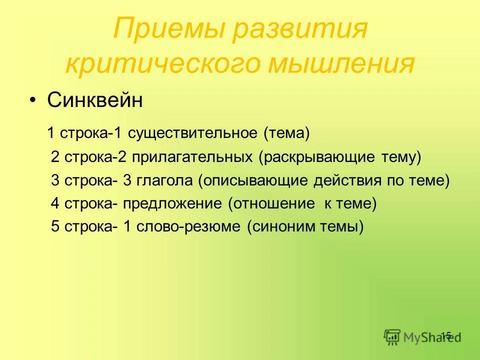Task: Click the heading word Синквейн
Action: click(x=95, y=100)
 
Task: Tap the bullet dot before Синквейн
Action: click(x=32, y=101)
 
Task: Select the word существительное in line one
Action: click(x=192, y=133)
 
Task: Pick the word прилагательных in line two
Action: click(x=192, y=157)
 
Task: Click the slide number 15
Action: click(x=446, y=335)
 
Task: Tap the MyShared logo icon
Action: click(x=392, y=337)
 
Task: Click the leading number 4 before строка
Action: click(x=54, y=204)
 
